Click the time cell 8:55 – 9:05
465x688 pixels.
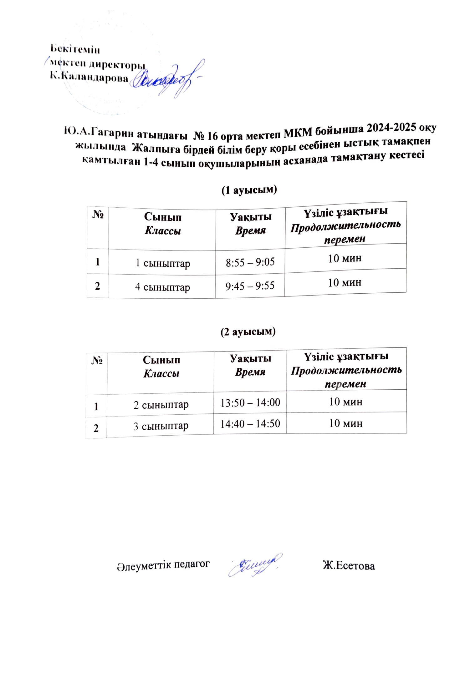(250, 262)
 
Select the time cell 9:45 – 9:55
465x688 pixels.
(250, 286)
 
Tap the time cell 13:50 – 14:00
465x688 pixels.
(250, 402)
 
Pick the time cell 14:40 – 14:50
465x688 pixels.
(250, 424)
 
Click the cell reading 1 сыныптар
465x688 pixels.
(162, 263)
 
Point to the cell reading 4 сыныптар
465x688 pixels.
(162, 287)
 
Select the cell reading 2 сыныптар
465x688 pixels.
(161, 405)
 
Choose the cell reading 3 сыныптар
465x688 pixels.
(161, 426)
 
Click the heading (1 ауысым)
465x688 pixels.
(249, 190)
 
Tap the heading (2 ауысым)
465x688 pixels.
(248, 332)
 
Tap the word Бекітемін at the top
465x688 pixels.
(75, 49)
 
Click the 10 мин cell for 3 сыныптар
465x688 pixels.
(346, 423)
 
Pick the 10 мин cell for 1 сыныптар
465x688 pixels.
(345, 258)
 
